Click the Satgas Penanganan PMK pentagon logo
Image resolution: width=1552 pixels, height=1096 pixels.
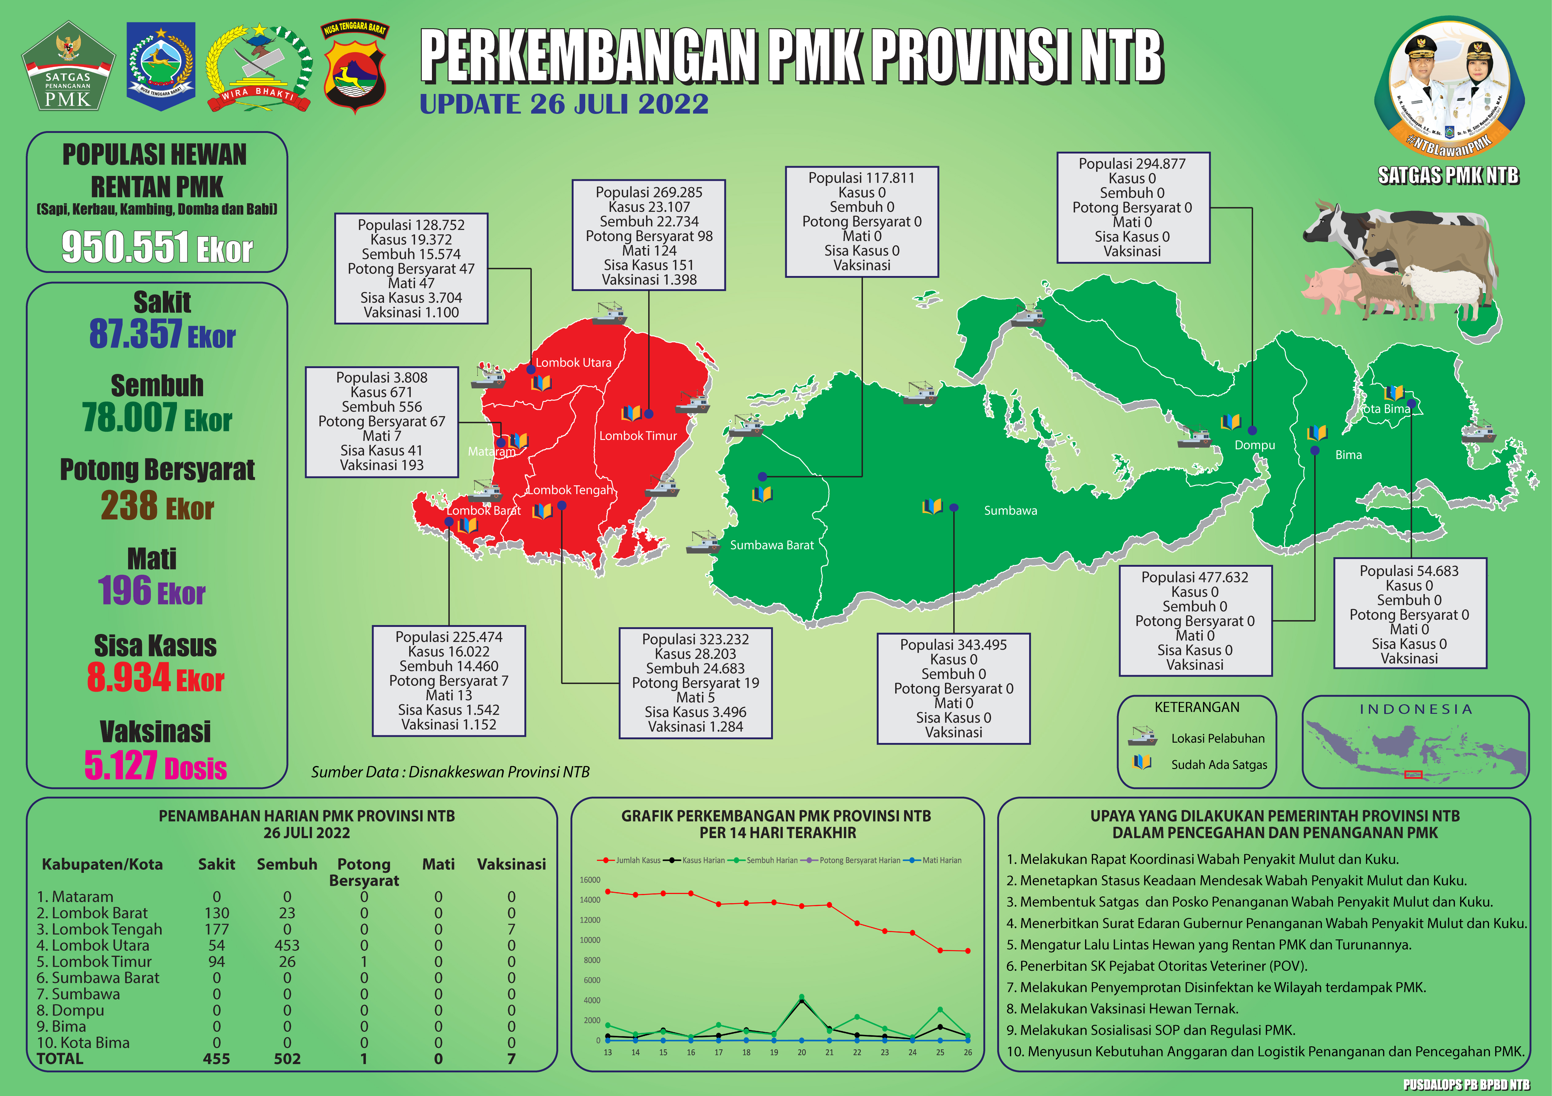pyautogui.click(x=68, y=68)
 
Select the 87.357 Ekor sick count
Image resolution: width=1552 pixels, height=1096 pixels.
pyautogui.click(x=162, y=334)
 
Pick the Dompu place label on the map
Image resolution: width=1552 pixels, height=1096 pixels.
pyautogui.click(x=1255, y=445)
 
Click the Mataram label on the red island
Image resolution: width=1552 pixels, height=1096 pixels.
pyautogui.click(x=491, y=451)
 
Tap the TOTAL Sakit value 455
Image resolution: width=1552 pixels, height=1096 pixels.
pyautogui.click(x=216, y=1059)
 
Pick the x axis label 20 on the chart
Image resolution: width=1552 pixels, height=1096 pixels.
pyautogui.click(x=802, y=1052)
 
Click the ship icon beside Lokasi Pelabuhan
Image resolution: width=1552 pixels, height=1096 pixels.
pyautogui.click(x=1142, y=736)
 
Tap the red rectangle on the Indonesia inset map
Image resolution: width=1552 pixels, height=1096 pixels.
pyautogui.click(x=1413, y=774)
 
